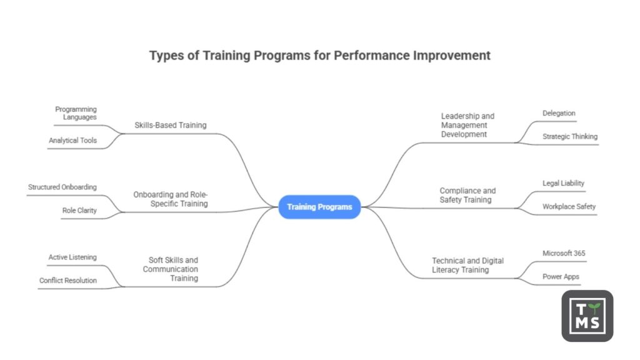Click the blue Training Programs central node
(x=319, y=207)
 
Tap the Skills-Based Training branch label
(x=170, y=125)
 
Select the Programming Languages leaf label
(x=76, y=113)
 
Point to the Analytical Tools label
(x=72, y=141)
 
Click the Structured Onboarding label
(x=62, y=187)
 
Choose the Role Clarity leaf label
(x=79, y=211)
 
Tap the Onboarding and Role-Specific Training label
(x=170, y=199)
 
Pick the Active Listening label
(x=72, y=257)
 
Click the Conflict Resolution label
(x=68, y=281)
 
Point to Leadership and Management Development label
(x=467, y=125)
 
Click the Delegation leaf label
(x=559, y=113)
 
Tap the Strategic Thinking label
(x=569, y=136)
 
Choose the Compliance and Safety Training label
(x=467, y=195)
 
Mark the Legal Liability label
(x=563, y=183)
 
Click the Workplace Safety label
(x=569, y=206)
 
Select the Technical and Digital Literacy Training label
(x=467, y=265)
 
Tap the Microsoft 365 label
(x=564, y=253)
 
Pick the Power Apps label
(x=561, y=276)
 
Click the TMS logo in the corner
(x=587, y=316)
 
